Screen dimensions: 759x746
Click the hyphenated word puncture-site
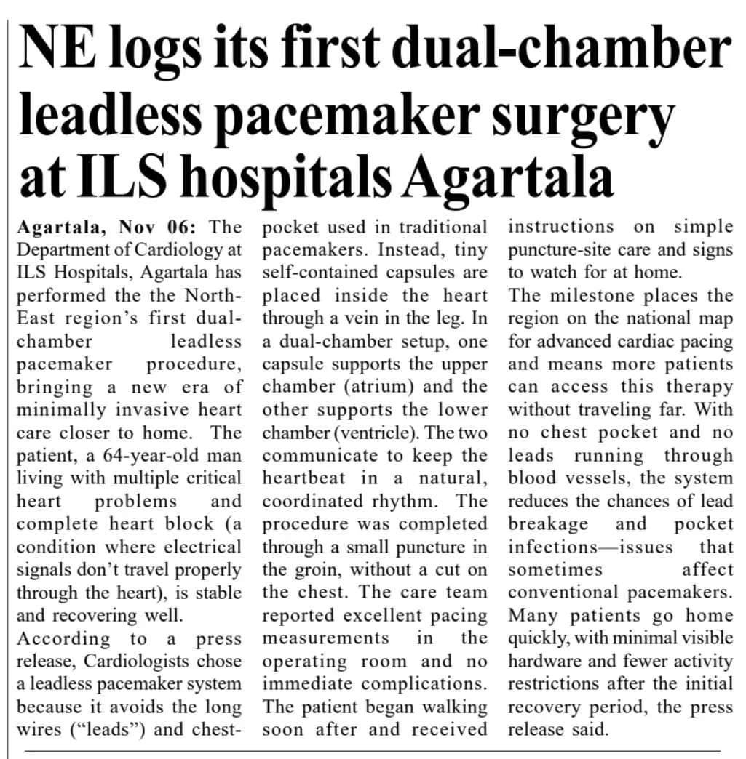coord(560,250)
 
